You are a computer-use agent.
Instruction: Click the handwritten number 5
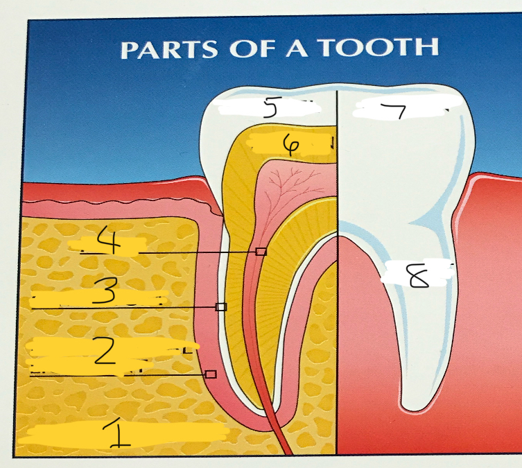[270, 108]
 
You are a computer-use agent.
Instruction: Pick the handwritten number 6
[290, 144]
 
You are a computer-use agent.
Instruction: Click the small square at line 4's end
[261, 252]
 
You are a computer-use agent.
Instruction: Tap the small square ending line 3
[221, 306]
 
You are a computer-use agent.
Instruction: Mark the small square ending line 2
[211, 374]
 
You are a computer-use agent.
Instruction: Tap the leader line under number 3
[125, 307]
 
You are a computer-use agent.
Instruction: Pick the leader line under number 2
[118, 374]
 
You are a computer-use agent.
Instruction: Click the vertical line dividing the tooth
[337, 277]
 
